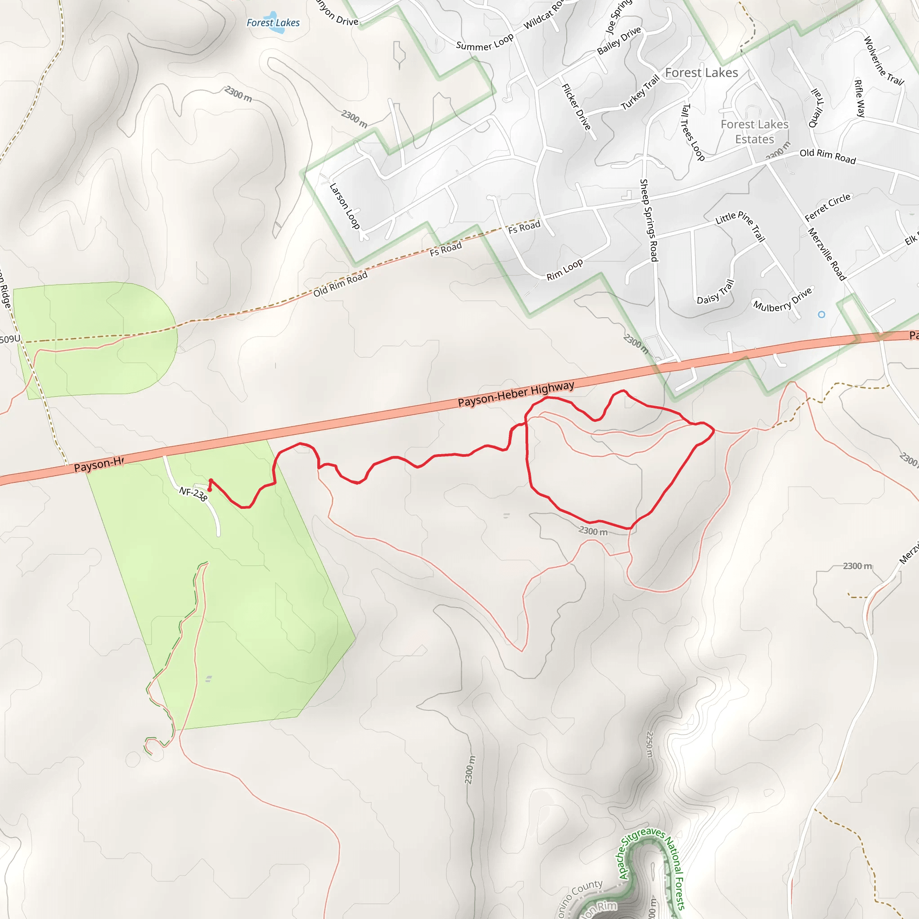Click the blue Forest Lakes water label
(x=273, y=23)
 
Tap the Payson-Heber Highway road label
(x=516, y=394)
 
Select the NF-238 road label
(x=193, y=493)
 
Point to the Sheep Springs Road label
(x=649, y=220)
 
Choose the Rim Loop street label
(x=564, y=270)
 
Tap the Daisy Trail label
(x=715, y=293)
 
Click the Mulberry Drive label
(x=783, y=300)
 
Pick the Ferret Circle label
(x=827, y=207)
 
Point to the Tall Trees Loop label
(x=692, y=132)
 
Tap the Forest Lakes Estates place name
(x=754, y=132)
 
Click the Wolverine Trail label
(x=883, y=61)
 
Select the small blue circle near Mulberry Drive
(x=822, y=315)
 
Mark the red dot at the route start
(x=209, y=490)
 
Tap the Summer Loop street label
(x=485, y=42)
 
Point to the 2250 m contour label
(x=650, y=744)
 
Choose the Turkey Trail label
(x=640, y=93)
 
